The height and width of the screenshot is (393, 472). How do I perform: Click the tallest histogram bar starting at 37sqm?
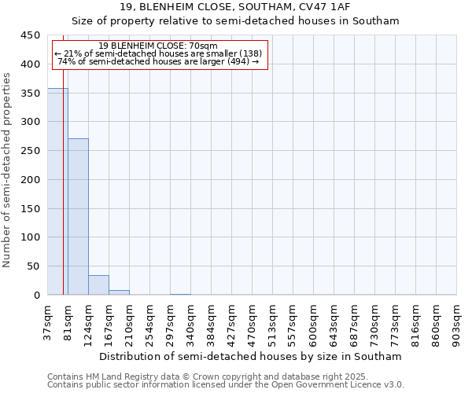(x=57, y=192)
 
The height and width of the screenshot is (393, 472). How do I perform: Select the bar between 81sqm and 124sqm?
(x=78, y=217)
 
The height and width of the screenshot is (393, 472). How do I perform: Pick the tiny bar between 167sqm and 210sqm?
(x=119, y=292)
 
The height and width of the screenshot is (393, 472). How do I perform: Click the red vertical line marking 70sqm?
(x=63, y=173)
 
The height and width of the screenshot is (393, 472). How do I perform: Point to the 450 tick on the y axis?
(x=31, y=35)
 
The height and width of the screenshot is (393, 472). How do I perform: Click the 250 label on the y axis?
(x=31, y=151)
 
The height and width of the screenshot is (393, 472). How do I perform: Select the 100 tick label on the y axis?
(x=31, y=237)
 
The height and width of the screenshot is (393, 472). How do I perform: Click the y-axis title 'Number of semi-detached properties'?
(x=8, y=170)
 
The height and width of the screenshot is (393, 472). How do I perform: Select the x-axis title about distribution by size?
(x=251, y=357)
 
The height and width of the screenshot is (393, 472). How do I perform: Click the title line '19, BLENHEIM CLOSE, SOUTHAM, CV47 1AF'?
(x=235, y=7)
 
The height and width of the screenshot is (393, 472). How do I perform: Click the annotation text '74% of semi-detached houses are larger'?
(x=158, y=61)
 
